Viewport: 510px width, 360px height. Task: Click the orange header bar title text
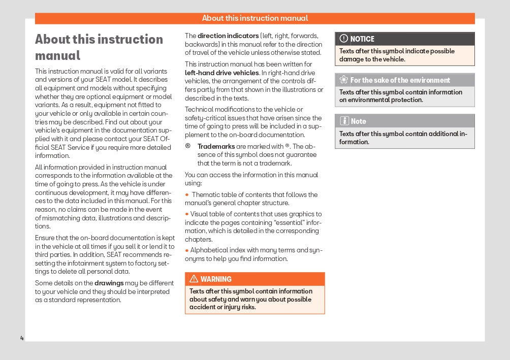tap(255, 18)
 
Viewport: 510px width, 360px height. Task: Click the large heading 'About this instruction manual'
tap(99, 47)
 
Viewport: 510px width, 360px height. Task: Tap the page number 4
tap(22, 338)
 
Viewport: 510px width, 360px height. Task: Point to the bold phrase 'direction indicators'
tap(228, 36)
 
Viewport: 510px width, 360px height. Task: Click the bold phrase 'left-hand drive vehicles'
tap(222, 73)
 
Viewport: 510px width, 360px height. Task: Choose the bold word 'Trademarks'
tap(216, 146)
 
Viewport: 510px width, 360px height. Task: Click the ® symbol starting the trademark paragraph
tap(188, 146)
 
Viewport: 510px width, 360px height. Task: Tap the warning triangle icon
tap(194, 279)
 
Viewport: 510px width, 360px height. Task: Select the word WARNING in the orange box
tap(216, 279)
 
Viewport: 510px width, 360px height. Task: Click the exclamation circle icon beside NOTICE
tap(343, 39)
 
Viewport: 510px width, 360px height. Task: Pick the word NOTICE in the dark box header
tap(362, 39)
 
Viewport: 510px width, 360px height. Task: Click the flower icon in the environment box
tap(343, 80)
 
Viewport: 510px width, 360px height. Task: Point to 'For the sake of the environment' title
tap(400, 80)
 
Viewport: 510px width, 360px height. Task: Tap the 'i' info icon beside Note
tap(344, 121)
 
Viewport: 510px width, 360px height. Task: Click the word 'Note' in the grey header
tap(358, 121)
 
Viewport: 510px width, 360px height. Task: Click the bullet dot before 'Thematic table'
tap(187, 194)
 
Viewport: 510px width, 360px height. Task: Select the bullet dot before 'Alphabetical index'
tap(186, 250)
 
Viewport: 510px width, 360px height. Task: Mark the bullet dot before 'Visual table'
tap(186, 214)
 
